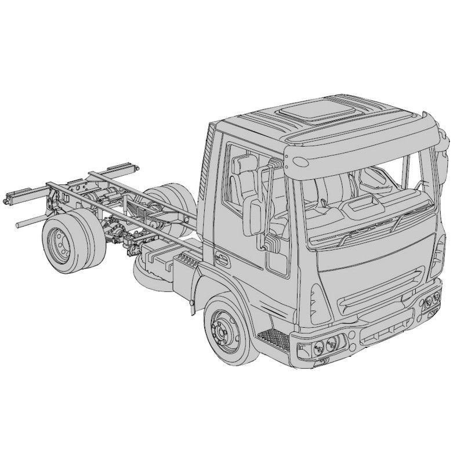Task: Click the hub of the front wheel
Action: [x=224, y=330]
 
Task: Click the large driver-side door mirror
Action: [x=255, y=216]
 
